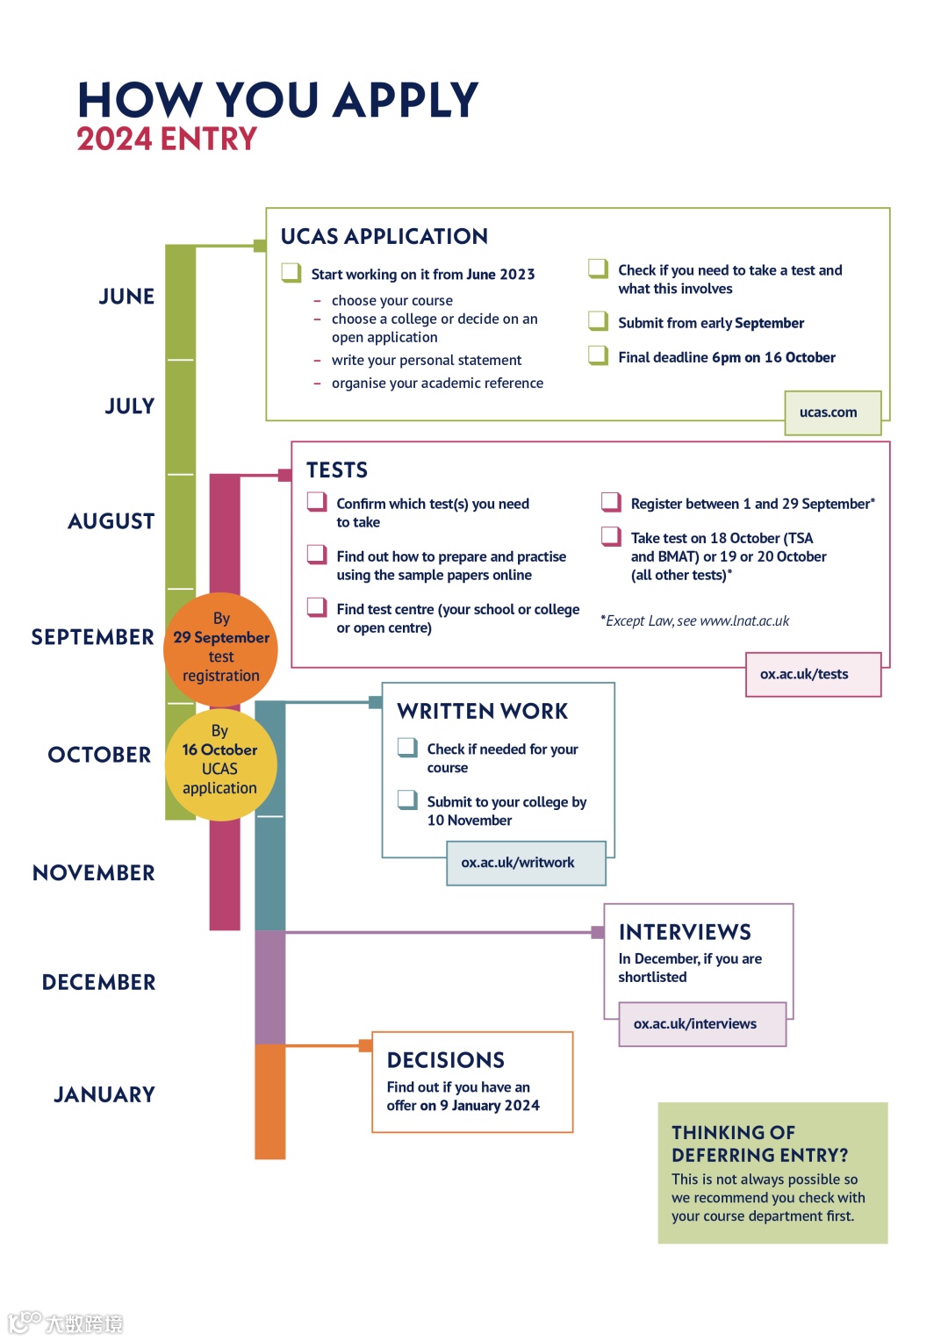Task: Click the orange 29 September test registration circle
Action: tap(220, 649)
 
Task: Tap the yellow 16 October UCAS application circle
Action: tap(220, 764)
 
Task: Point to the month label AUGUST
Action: tap(111, 521)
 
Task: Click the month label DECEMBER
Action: tap(99, 982)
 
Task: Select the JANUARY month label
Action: tap(104, 1094)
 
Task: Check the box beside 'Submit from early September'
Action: tap(598, 320)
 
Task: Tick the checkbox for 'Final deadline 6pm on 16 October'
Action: tap(598, 355)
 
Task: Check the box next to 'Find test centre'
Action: tap(316, 606)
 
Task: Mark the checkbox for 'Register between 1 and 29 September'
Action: tap(610, 501)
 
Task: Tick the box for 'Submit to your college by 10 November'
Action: tap(406, 799)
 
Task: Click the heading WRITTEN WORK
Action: tap(482, 711)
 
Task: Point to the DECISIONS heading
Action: tap(446, 1060)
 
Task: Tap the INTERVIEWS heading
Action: tap(685, 932)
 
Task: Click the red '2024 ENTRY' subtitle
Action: tap(167, 139)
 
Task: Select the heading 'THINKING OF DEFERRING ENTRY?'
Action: tap(760, 1144)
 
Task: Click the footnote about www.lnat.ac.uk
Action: tap(695, 620)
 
